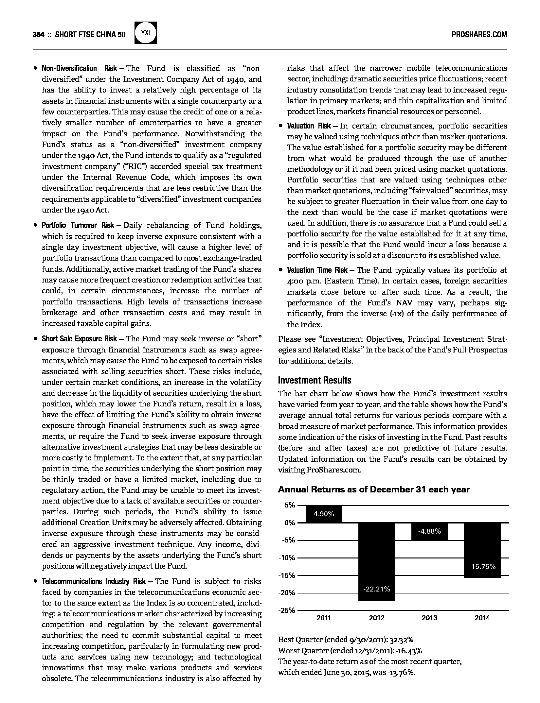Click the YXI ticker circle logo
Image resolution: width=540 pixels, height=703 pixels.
(x=146, y=33)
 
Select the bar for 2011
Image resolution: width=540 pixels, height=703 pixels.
(x=324, y=514)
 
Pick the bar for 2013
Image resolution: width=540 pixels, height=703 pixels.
(x=429, y=531)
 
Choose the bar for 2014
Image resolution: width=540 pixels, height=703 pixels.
(x=482, y=550)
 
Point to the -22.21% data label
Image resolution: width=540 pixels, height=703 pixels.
(x=377, y=589)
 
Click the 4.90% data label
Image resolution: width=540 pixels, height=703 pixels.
(x=324, y=514)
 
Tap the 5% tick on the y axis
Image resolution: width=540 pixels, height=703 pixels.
(x=290, y=505)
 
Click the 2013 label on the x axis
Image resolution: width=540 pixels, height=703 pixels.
(x=429, y=618)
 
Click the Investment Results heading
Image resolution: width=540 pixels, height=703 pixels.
(x=315, y=380)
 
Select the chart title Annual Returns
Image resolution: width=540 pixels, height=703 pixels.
(x=373, y=489)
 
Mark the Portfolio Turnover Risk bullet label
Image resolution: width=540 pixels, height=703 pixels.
(x=78, y=225)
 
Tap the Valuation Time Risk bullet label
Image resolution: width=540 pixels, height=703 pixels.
(x=317, y=270)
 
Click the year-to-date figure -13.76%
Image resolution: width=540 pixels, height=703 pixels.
(x=401, y=673)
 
